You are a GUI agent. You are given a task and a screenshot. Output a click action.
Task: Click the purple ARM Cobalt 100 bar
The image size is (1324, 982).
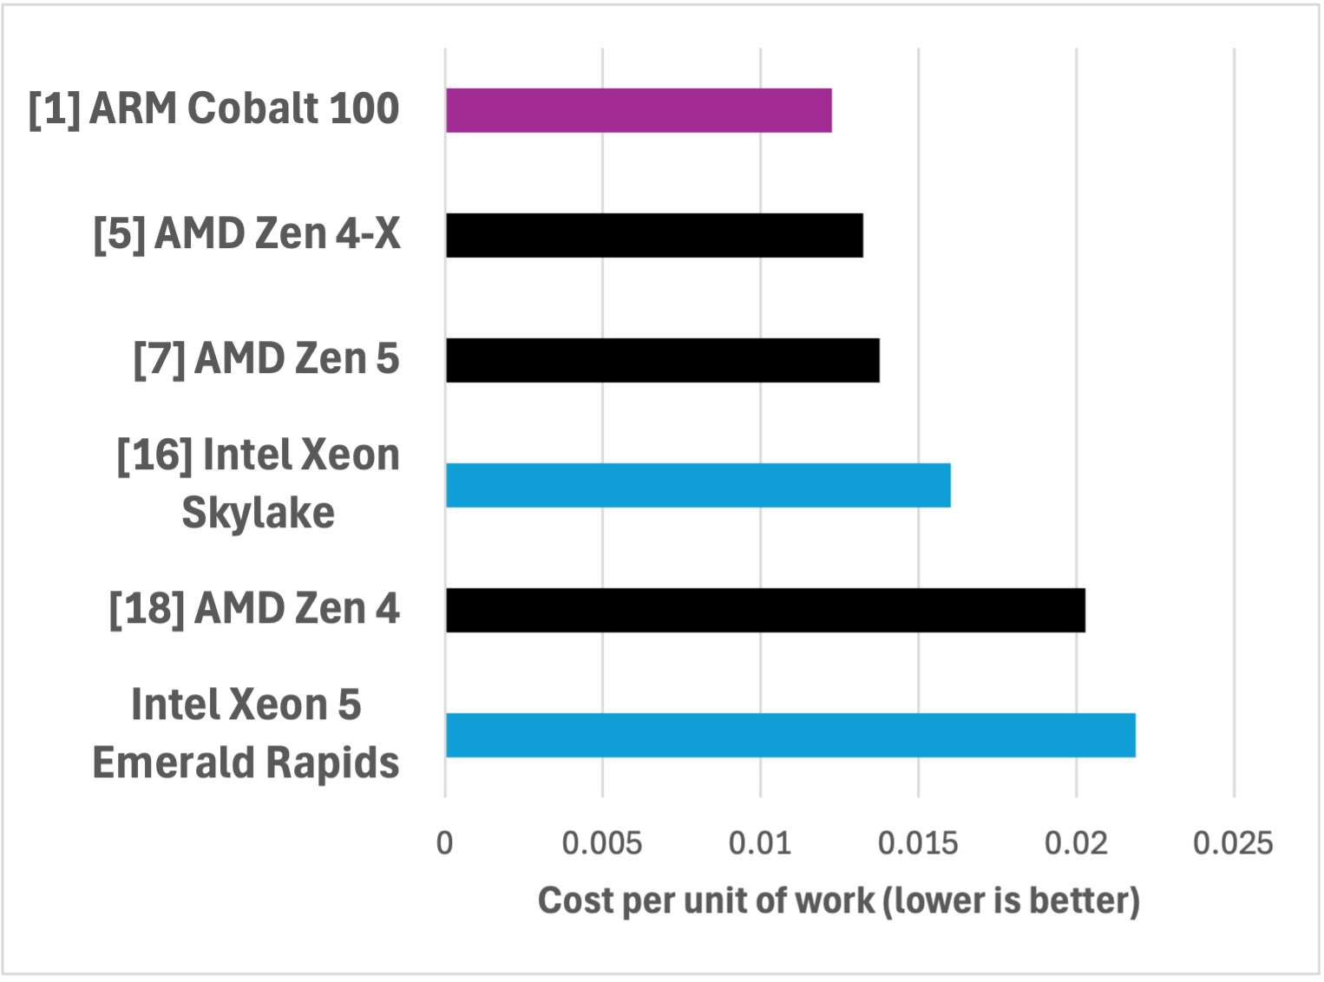(639, 110)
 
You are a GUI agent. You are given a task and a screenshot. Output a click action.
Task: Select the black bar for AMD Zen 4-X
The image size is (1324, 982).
(654, 235)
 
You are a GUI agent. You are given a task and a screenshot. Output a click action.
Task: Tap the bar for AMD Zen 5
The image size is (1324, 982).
(663, 360)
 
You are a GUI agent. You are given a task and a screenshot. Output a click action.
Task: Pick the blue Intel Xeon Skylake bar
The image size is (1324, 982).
(698, 485)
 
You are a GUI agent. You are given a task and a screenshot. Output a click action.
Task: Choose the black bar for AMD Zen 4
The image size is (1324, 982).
(765, 610)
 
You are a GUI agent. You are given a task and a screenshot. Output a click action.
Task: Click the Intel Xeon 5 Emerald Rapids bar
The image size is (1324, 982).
(790, 735)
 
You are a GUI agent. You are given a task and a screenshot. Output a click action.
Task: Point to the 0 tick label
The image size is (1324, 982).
(445, 843)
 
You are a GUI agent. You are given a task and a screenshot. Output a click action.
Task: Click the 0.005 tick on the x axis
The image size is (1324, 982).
(602, 843)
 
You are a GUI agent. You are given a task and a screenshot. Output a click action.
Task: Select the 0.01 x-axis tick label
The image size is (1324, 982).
(760, 843)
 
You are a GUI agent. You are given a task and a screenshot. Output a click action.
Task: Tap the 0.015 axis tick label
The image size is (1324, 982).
(918, 843)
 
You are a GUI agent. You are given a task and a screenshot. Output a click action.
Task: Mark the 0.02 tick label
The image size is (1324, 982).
(1076, 843)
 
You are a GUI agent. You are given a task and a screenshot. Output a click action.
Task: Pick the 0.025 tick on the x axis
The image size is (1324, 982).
(1233, 843)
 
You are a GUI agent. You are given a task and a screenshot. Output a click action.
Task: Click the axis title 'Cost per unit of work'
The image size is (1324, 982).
(838, 900)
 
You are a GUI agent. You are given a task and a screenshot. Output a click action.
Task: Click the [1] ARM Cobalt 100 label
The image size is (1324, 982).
(213, 109)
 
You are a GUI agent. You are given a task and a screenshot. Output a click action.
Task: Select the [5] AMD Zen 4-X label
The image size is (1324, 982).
(246, 234)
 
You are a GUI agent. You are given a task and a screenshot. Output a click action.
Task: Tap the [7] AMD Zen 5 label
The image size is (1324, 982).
(266, 359)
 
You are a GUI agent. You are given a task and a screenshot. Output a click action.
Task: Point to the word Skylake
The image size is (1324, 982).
(258, 513)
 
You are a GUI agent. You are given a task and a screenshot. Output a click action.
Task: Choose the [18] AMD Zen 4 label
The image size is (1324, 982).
(254, 609)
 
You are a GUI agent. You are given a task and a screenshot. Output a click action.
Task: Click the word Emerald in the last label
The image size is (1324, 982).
(174, 763)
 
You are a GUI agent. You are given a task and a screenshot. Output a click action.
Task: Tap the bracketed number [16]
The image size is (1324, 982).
(154, 455)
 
